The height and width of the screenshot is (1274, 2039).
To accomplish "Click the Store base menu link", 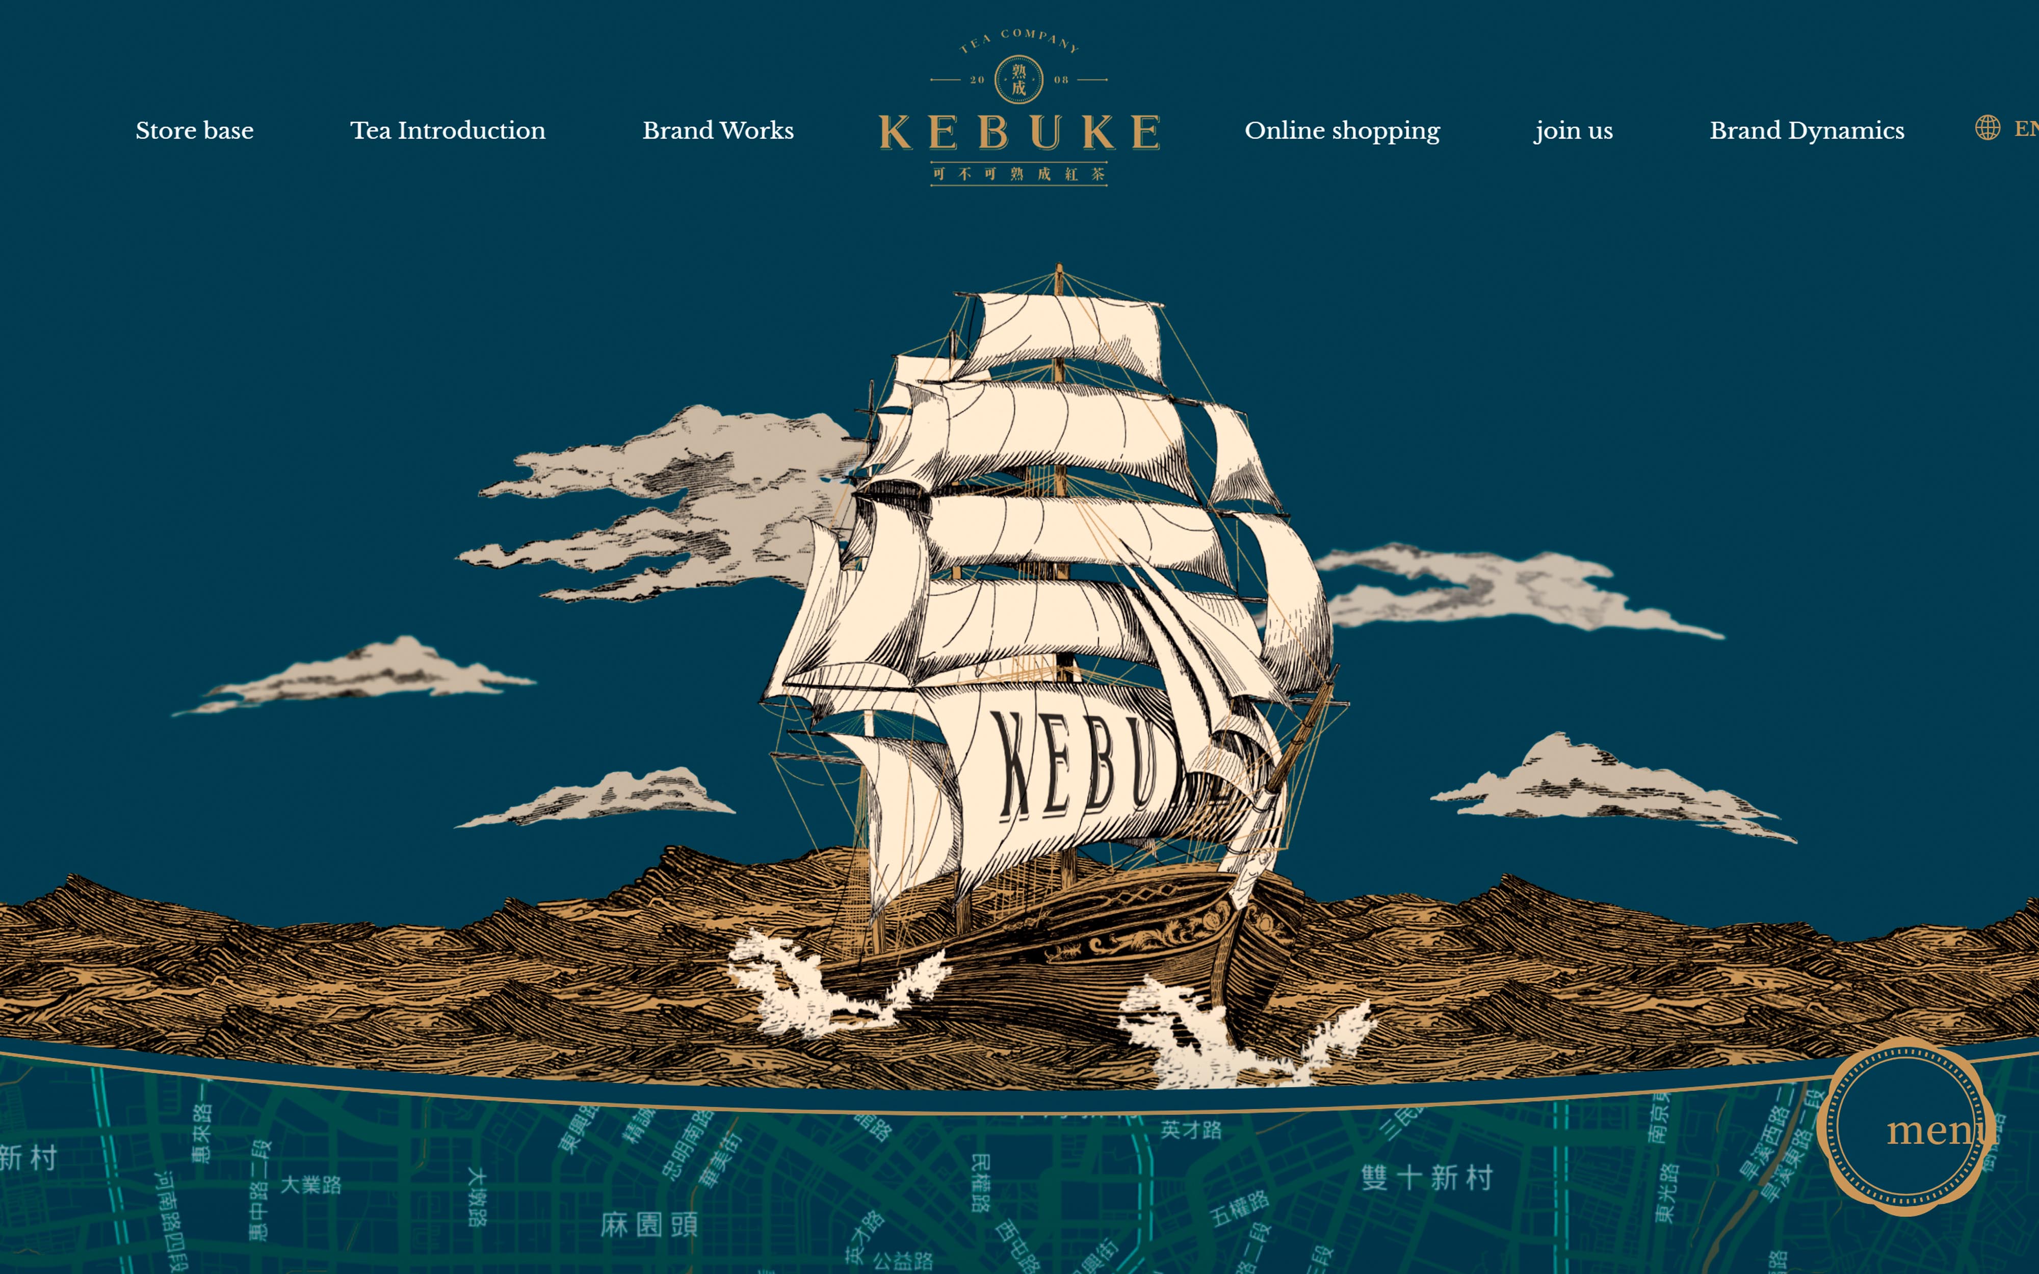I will pos(195,130).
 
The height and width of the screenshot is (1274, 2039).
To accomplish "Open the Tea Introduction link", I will pos(448,130).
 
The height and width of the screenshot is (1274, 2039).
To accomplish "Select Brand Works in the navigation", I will pos(718,130).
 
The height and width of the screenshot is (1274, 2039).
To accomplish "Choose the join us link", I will pos(1573,130).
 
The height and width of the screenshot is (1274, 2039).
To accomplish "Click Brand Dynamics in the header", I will pos(1807,130).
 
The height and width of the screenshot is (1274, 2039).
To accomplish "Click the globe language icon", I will pos(1987,128).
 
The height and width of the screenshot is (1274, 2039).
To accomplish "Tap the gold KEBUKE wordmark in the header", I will pos(1018,132).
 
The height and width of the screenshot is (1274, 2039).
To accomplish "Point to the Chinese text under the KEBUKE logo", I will pos(1018,174).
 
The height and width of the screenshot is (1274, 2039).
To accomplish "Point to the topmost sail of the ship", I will pos(1066,333).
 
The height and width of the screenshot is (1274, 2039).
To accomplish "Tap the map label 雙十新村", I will pos(1426,1177).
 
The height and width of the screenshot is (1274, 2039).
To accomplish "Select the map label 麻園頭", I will pos(649,1224).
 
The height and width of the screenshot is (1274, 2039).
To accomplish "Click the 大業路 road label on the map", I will pos(311,1185).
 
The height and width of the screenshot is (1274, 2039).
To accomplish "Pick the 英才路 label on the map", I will pos(1191,1130).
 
